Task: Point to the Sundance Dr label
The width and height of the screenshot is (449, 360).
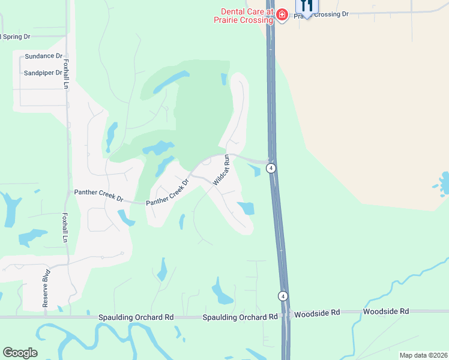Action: pos(43,56)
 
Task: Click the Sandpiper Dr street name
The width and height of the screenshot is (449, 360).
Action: pos(43,73)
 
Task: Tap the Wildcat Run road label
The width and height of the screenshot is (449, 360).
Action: pos(221,169)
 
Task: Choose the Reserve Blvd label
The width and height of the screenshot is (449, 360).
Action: pos(46,289)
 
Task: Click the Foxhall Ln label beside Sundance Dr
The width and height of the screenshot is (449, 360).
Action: pos(65,73)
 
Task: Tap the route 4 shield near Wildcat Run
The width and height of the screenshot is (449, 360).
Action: pos(272,168)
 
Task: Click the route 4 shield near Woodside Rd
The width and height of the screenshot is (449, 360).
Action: pos(282,296)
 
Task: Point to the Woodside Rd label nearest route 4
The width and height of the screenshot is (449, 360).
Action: pos(318,313)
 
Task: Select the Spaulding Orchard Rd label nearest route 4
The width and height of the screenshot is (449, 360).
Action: pos(240,316)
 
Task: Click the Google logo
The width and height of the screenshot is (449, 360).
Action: pos(20,353)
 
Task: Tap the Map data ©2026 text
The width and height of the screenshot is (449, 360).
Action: pos(423,355)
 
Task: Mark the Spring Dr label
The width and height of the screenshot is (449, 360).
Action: pos(15,37)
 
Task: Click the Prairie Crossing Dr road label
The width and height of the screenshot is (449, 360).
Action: pos(321,14)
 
